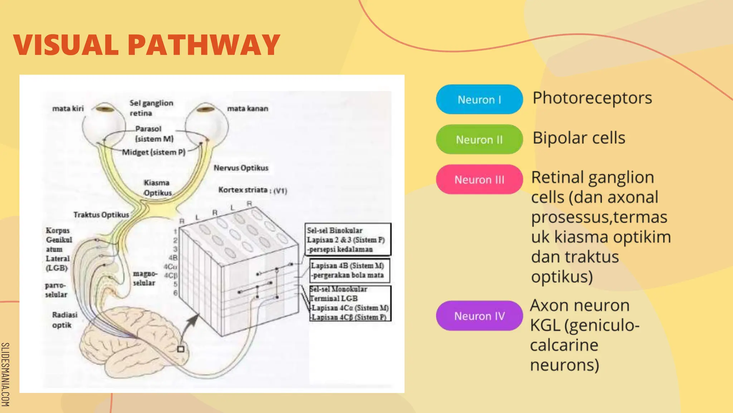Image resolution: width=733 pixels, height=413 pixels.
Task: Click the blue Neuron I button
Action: (x=479, y=99)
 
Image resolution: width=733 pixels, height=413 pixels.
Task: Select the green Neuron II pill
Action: (x=479, y=139)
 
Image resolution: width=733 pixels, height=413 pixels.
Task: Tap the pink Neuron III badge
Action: (x=479, y=179)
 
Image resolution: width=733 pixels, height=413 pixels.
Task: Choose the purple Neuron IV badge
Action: (x=479, y=316)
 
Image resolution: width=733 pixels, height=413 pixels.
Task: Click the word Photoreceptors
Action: (x=592, y=98)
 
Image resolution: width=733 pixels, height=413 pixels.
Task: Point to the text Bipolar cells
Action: (x=578, y=138)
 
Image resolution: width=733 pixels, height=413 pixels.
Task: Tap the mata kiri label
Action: (x=68, y=108)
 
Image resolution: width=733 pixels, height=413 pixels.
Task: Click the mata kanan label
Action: (x=247, y=108)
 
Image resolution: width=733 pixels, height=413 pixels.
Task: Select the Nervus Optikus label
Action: (x=241, y=168)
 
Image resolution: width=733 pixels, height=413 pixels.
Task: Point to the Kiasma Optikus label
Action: (x=157, y=188)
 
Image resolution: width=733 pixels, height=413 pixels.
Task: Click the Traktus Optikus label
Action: (x=101, y=214)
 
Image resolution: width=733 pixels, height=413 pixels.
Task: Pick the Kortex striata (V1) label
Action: (x=252, y=190)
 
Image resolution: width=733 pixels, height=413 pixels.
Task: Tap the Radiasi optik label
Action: (x=64, y=320)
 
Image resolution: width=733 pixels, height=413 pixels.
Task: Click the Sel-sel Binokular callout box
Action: (x=348, y=239)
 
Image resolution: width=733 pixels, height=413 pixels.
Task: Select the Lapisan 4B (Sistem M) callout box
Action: (x=349, y=270)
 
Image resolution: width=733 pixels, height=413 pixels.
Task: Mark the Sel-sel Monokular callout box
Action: (x=350, y=303)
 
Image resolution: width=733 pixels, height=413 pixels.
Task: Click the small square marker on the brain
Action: (x=181, y=349)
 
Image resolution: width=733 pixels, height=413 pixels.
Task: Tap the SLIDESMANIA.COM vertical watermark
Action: (x=5, y=374)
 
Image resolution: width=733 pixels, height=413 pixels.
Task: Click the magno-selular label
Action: (x=145, y=278)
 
